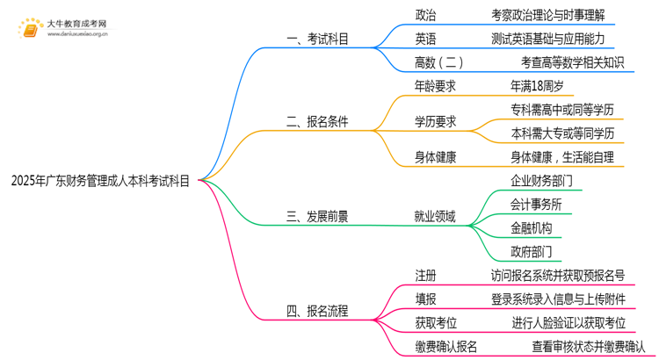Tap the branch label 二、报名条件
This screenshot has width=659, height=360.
tap(318, 122)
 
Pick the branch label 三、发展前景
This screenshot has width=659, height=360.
tap(318, 216)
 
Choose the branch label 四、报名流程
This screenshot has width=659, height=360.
tap(318, 310)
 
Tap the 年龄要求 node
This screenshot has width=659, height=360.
tap(435, 86)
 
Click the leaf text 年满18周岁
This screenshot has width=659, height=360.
tap(536, 86)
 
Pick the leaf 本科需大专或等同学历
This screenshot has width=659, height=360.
tap(562, 133)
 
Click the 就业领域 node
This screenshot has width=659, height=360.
tap(435, 216)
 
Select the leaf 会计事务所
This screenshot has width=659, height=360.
tap(536, 205)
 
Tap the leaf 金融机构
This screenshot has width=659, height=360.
tap(531, 228)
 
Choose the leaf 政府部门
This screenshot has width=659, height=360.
tap(531, 252)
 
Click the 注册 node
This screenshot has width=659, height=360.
tap(425, 276)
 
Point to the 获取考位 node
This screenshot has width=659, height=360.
tap(435, 323)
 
